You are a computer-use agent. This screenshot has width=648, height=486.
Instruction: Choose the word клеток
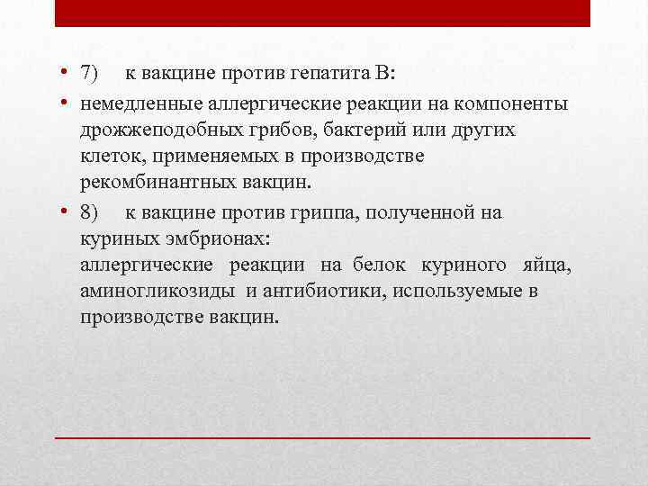[112, 157]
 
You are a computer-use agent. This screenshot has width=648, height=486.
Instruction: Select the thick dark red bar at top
[323, 13]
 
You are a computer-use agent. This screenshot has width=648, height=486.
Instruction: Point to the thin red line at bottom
[323, 437]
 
